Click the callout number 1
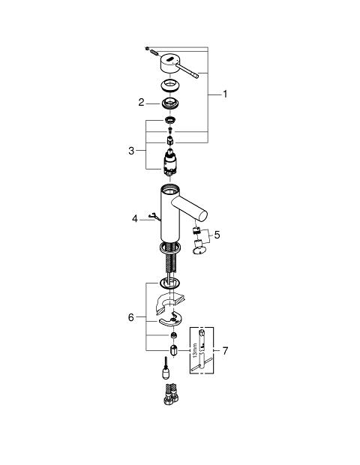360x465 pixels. [225, 94]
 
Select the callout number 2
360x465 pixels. [141, 103]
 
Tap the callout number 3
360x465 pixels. [131, 151]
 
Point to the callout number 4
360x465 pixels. [135, 219]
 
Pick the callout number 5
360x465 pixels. [217, 235]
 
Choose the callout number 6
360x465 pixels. [131, 317]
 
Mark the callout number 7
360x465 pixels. [225, 351]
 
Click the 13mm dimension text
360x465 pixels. [195, 350]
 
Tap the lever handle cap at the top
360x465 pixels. [169, 63]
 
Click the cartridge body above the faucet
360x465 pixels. [169, 163]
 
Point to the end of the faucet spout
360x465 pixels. [202, 215]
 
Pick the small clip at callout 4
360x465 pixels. [154, 217]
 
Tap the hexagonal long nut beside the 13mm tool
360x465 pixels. [173, 350]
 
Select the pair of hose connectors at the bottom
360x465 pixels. [171, 394]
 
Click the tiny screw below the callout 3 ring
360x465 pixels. [170, 130]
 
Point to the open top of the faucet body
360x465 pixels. [170, 188]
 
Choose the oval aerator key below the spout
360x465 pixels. [199, 250]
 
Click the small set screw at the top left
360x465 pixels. [147, 48]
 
